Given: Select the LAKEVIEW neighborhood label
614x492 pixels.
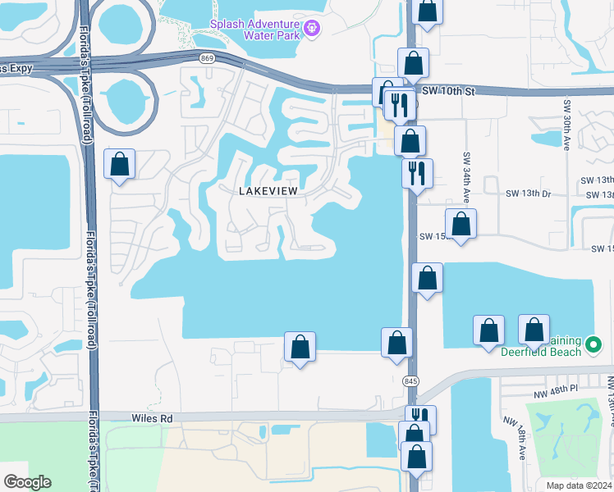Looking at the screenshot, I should point(267,190).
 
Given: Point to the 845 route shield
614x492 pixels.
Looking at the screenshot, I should point(411,381).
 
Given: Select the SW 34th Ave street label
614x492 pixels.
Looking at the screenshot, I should point(465,177).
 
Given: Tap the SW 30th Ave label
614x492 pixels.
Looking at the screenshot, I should point(566,125).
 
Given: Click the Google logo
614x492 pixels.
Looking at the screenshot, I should point(26,482).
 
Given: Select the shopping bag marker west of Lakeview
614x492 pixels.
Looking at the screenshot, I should point(121,165).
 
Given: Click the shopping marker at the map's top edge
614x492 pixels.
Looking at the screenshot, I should point(427,11).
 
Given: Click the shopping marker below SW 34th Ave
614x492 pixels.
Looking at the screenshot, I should point(461,223).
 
